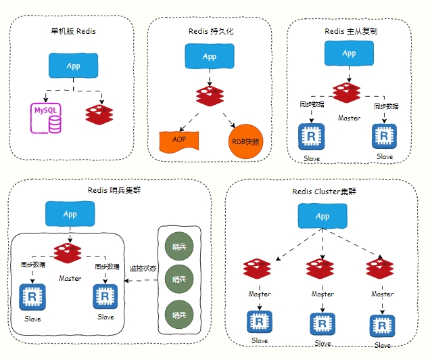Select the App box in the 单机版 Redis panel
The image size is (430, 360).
73,66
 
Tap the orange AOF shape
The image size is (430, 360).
179,139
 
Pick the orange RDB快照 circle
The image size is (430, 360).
245,141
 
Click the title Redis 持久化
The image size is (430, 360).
210,31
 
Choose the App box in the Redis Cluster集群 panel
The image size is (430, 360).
322,216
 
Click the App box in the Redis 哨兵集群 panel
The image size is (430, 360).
70,214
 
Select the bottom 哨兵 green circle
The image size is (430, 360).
179,315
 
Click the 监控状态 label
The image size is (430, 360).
143,269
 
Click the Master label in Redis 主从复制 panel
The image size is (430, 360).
349,117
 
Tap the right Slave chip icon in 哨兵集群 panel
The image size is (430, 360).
105,297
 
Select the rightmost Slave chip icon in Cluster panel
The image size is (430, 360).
383,325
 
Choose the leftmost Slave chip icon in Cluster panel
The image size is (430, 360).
260,322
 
